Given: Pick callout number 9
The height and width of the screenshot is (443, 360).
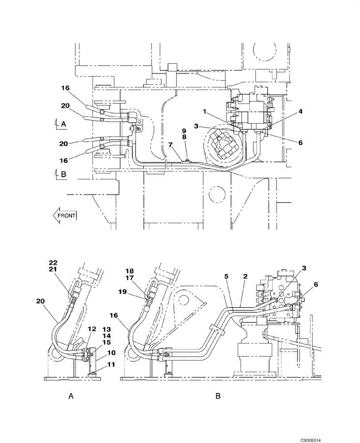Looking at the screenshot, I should tap(184, 131).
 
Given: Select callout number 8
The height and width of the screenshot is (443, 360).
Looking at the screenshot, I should tap(184, 138).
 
